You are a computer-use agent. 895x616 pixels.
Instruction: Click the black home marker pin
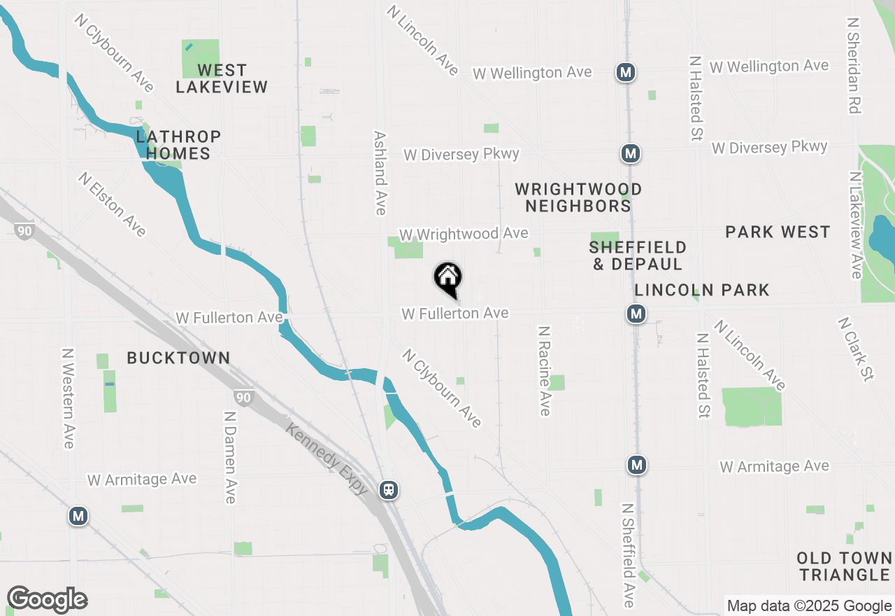tap(448, 279)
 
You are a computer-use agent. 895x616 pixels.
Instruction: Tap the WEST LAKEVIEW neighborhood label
tap(222, 78)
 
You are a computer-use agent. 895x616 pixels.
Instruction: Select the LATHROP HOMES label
tap(179, 145)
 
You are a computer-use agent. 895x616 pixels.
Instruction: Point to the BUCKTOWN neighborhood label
tap(178, 358)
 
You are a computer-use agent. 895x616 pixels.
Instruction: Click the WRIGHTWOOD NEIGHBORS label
tap(578, 197)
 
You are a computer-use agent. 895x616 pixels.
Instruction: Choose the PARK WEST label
tap(778, 232)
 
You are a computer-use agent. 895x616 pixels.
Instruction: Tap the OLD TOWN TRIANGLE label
tap(845, 566)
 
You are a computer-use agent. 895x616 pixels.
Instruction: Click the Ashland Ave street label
tap(380, 173)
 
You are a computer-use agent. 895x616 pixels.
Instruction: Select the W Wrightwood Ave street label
tap(464, 233)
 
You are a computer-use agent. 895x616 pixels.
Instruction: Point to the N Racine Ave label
tap(545, 370)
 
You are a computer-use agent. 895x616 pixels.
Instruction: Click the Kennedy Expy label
tap(327, 457)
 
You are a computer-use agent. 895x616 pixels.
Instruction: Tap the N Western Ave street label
tap(68, 398)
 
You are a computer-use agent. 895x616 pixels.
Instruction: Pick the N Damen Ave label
tap(229, 457)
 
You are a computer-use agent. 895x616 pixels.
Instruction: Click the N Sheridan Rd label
tap(853, 66)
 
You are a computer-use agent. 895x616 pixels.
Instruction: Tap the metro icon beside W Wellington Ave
tap(625, 71)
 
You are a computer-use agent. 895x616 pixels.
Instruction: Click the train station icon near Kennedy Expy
tap(389, 490)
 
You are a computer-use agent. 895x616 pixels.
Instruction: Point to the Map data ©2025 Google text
tap(809, 606)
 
